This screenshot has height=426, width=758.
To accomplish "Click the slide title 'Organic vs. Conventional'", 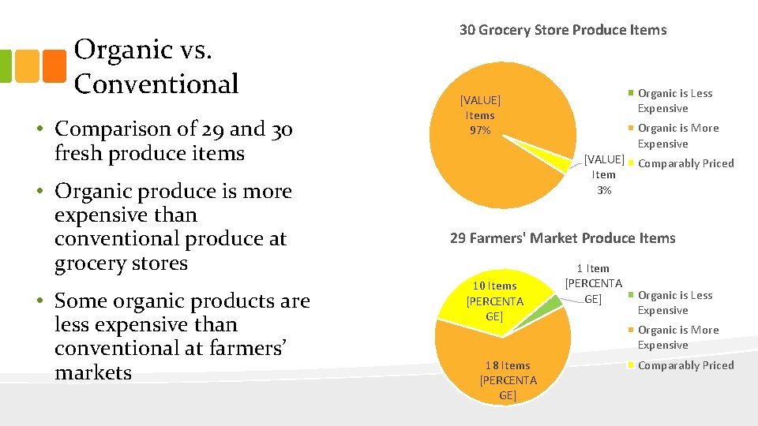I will (x=156, y=66).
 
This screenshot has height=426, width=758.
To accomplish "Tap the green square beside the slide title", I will (x=5, y=66).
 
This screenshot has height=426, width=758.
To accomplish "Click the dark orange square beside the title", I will (x=54, y=66).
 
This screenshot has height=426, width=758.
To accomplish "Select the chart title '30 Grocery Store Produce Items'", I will (x=563, y=31).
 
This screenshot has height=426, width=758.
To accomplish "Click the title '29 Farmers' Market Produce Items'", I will (x=563, y=238).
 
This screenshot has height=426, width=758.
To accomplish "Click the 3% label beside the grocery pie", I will (x=604, y=174).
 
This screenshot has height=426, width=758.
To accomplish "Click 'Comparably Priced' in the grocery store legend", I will (x=685, y=164).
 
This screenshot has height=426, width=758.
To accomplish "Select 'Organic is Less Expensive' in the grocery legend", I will (x=674, y=101).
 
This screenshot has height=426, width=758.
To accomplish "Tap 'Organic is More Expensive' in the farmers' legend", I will (x=677, y=338).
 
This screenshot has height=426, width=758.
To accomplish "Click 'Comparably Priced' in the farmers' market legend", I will (x=685, y=365).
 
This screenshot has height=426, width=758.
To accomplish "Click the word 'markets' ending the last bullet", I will (x=93, y=372).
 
